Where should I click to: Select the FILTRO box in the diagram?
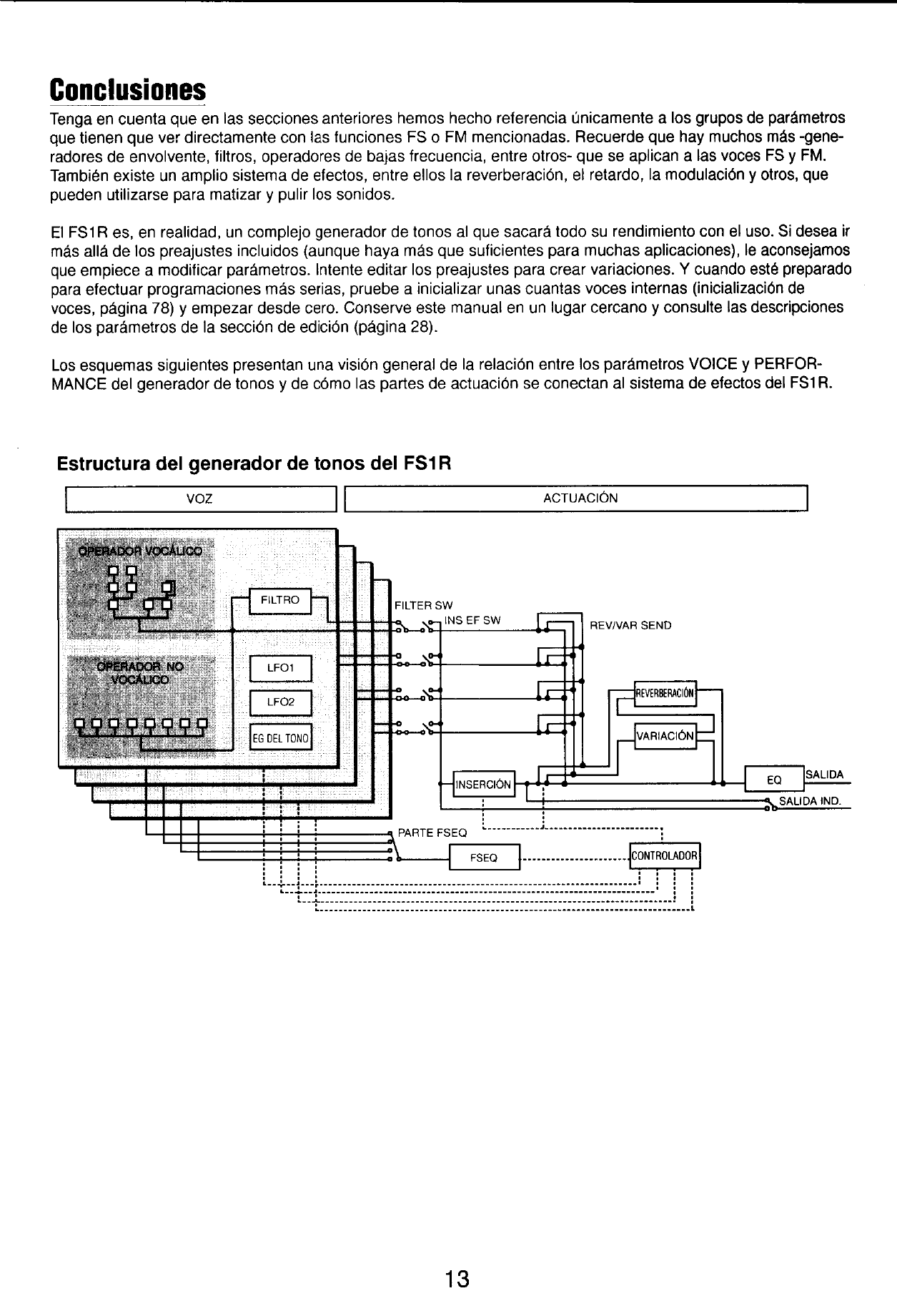pos(280,601)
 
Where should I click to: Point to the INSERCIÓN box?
pos(483,784)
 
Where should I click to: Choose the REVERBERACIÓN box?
pos(665,692)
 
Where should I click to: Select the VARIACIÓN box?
pos(665,735)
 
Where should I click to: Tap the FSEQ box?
pos(484,857)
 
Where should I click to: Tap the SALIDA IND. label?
pos(809,800)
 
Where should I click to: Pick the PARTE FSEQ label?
pos(432,833)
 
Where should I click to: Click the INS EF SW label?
pos(472,620)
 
